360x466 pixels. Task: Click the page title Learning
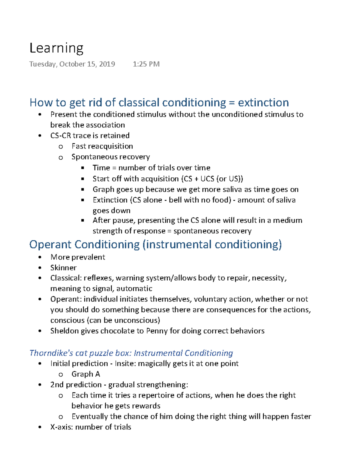[56, 48]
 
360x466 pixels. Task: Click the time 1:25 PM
[146, 64]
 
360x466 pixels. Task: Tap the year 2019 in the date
[107, 64]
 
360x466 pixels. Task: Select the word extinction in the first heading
[263, 103]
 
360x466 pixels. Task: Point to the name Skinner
[63, 268]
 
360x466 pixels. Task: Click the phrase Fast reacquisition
[102, 146]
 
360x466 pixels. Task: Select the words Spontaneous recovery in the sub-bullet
[110, 157]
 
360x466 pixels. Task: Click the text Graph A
[85, 374]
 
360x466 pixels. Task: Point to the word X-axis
[61, 427]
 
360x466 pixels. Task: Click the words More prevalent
[78, 257]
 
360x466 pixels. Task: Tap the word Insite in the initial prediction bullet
[124, 363]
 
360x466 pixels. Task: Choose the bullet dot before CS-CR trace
[40, 136]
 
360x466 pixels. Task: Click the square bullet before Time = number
[82, 168]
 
